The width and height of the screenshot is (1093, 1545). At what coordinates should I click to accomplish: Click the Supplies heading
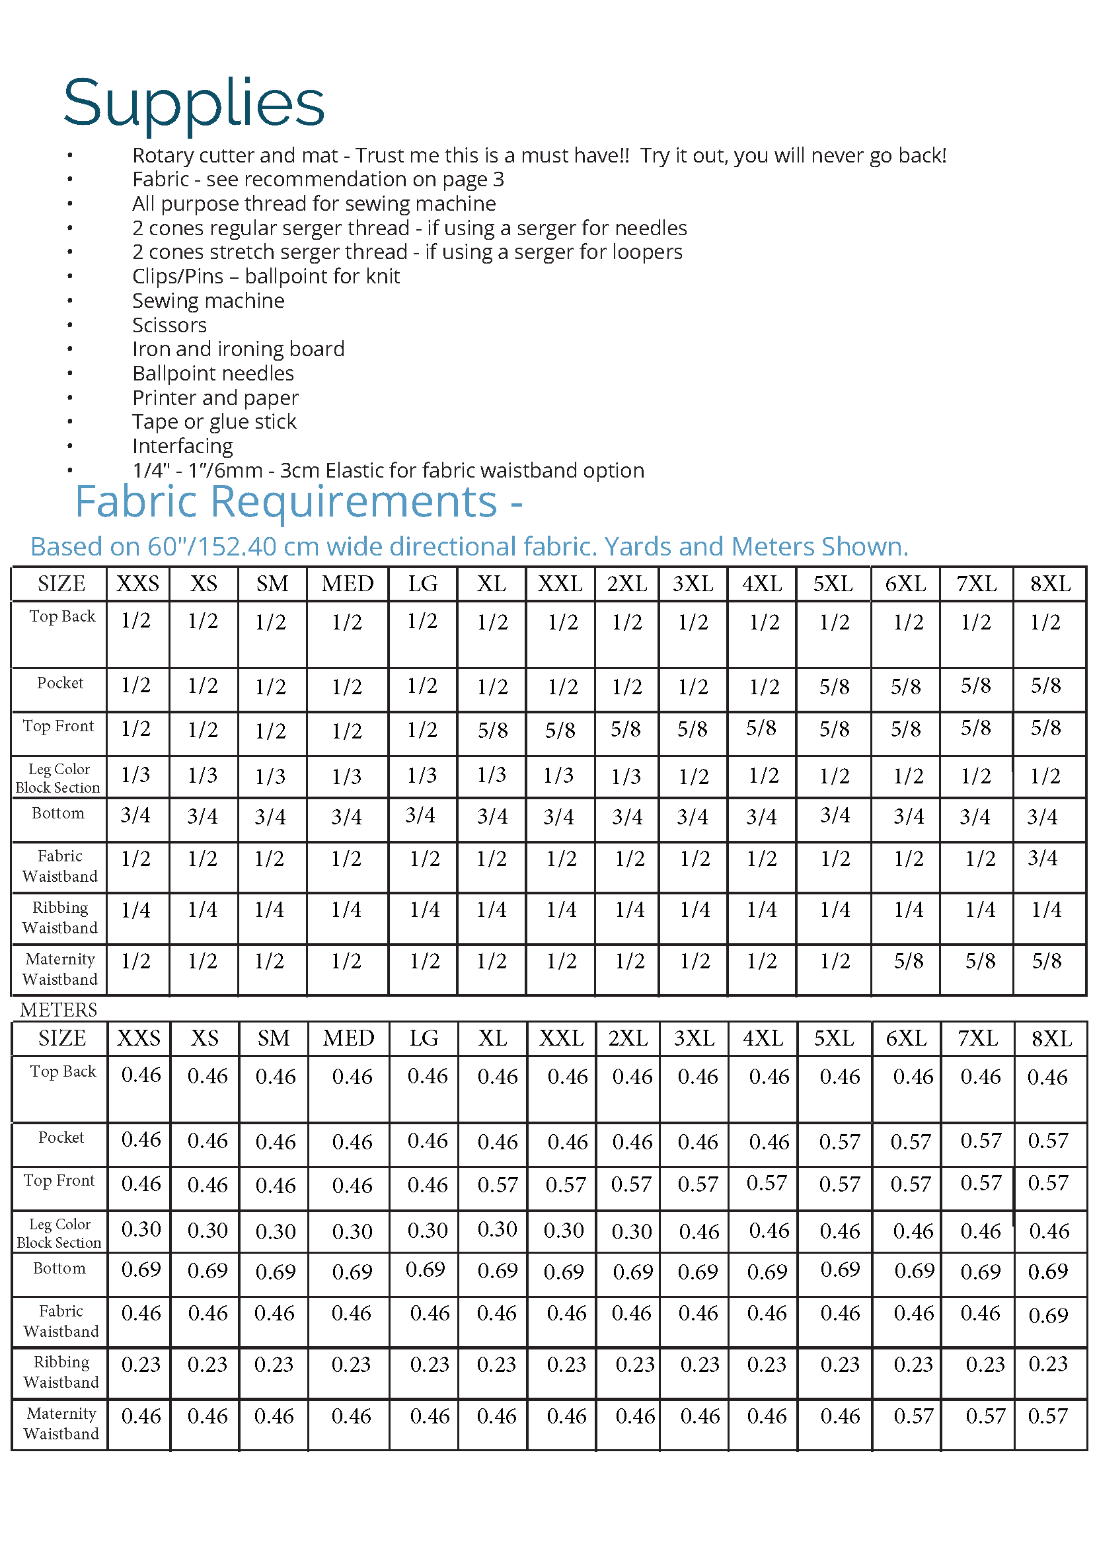pos(194,103)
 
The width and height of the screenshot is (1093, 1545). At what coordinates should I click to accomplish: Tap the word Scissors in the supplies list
pos(169,326)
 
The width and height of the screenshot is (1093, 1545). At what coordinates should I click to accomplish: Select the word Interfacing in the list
pos(182,446)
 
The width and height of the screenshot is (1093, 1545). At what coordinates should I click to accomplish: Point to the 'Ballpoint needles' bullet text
pos(213,373)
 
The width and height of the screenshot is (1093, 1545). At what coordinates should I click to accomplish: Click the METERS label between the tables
pos(59,1010)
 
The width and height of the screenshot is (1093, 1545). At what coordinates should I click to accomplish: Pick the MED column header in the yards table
pos(348,583)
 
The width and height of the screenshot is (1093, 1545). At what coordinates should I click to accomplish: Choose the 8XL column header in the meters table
pos(1051,1038)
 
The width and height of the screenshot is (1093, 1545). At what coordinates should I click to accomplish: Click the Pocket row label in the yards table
pos(60,683)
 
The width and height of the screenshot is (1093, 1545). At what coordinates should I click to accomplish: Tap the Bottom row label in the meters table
pos(60,1268)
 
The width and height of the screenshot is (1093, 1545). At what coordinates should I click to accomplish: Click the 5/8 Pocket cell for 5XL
pos(835,686)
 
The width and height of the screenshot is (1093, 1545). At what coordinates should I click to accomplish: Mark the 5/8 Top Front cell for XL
pos(493,730)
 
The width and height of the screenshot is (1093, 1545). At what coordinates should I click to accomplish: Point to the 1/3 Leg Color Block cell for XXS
pos(136,775)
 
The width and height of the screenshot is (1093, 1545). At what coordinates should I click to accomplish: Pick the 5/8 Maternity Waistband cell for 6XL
pos(909,962)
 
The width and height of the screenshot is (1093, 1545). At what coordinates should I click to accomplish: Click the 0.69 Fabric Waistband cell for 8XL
pos(1048,1315)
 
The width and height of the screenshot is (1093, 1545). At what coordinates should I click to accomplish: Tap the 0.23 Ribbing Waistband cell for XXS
pos(141,1364)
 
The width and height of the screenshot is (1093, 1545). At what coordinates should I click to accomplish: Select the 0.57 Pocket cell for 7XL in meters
pos(981,1141)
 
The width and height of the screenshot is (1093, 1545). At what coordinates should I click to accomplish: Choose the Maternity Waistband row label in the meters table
pos(61,1423)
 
